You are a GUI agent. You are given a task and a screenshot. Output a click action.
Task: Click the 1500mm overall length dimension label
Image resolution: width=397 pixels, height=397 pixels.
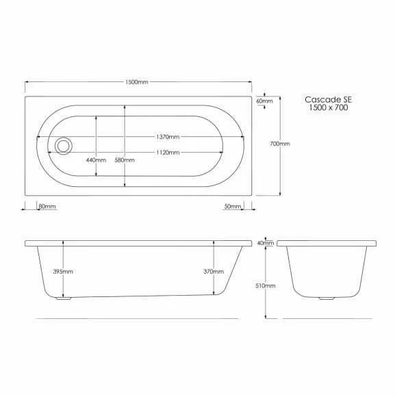[136, 82]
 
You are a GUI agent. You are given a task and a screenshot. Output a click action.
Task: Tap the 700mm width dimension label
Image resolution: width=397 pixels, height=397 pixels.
[280, 144]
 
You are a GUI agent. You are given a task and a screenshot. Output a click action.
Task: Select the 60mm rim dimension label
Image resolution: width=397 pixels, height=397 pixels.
[265, 101]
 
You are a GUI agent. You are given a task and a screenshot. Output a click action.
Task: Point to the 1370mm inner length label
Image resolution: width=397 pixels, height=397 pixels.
[168, 137]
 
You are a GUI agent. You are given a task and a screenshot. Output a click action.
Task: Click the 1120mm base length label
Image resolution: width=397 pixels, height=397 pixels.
[168, 153]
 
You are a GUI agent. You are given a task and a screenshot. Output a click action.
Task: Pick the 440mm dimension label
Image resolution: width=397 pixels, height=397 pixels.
[96, 160]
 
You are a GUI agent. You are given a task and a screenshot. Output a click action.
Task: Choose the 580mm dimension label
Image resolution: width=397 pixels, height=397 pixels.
[125, 160]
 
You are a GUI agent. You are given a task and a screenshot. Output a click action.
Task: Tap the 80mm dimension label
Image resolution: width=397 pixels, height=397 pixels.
[47, 206]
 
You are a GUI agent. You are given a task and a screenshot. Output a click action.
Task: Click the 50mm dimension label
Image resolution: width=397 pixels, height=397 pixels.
[233, 206]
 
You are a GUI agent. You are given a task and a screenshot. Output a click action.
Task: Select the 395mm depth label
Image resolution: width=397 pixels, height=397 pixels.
[63, 272]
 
